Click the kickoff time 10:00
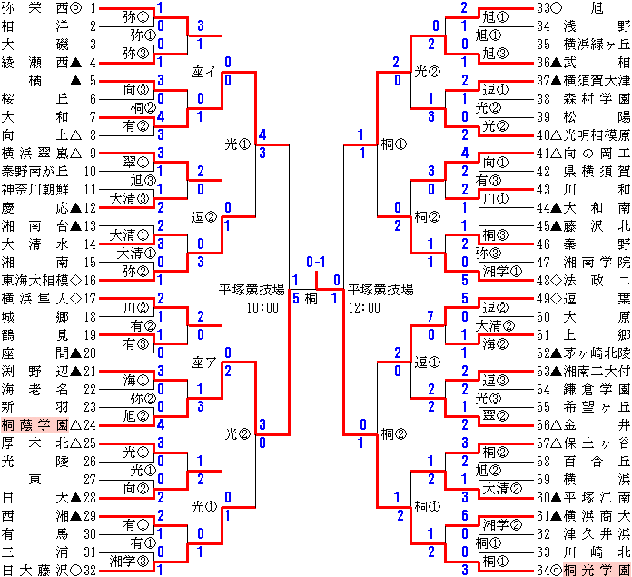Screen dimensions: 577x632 point(262,308)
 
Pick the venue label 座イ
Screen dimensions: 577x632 point(202,71)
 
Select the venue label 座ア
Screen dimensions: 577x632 point(204,362)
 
